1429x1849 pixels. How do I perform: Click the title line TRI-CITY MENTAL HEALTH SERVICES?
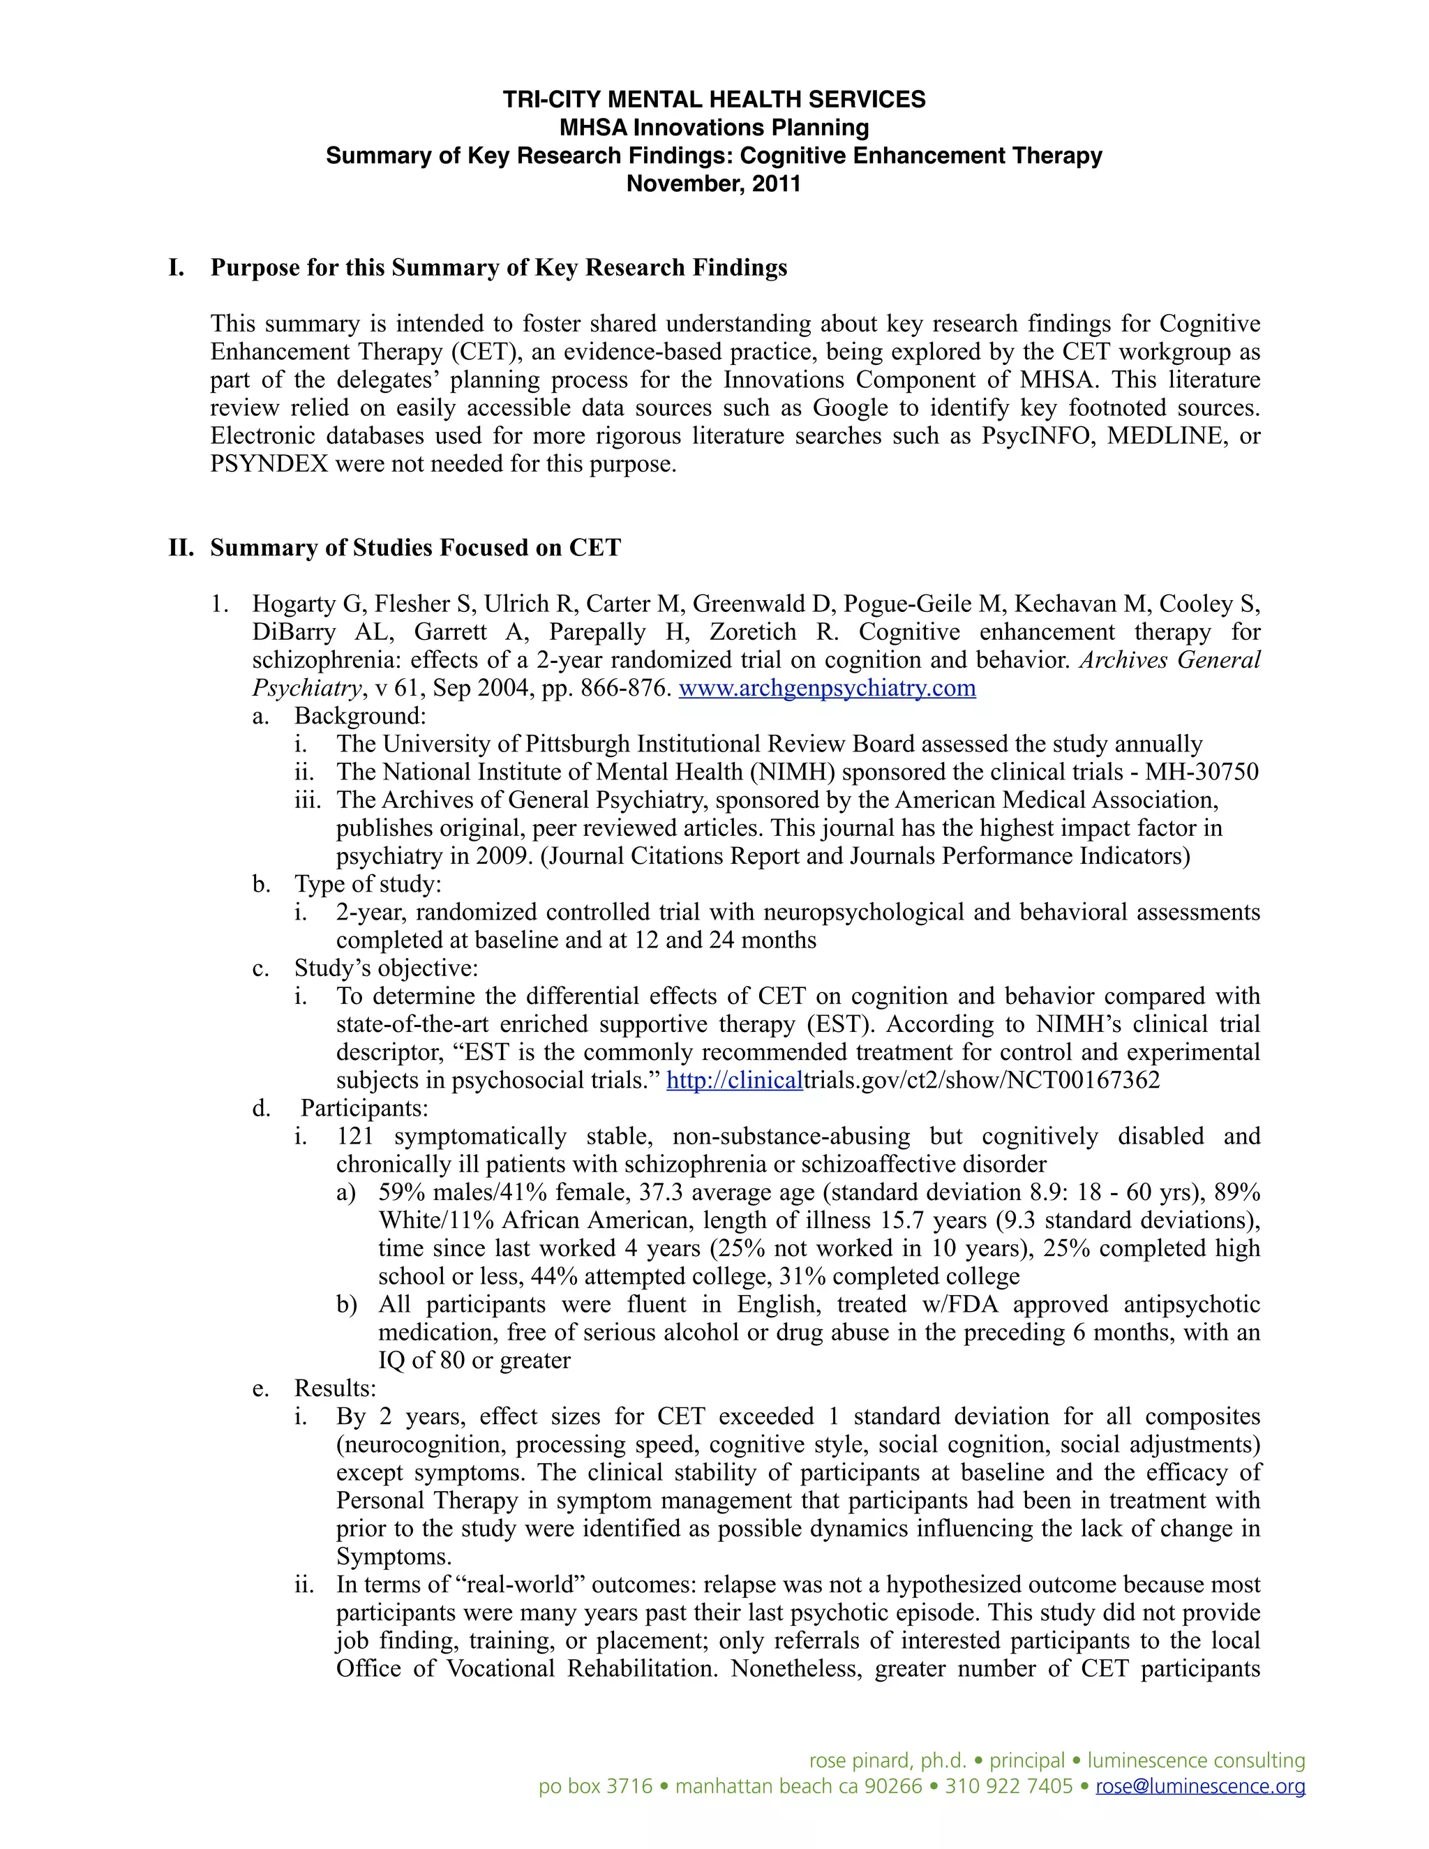point(714,100)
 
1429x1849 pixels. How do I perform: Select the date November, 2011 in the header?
point(714,184)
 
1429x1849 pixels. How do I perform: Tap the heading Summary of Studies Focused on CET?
point(415,548)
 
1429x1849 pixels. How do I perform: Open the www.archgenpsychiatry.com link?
point(827,687)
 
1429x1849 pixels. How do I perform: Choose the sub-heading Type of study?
point(368,884)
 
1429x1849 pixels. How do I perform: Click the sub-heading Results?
point(334,1388)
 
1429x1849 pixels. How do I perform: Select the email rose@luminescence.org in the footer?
point(1199,1786)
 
